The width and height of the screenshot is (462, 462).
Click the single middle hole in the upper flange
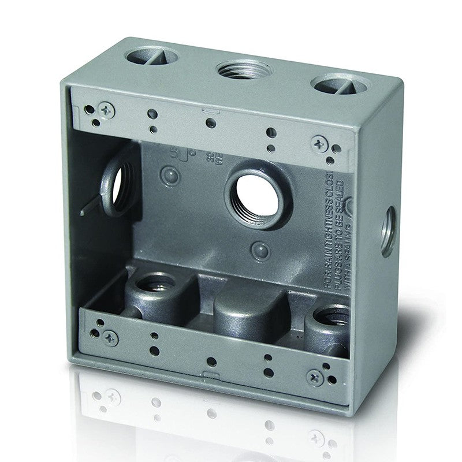coord(211,123)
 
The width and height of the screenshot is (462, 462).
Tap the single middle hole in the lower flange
coord(212,362)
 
